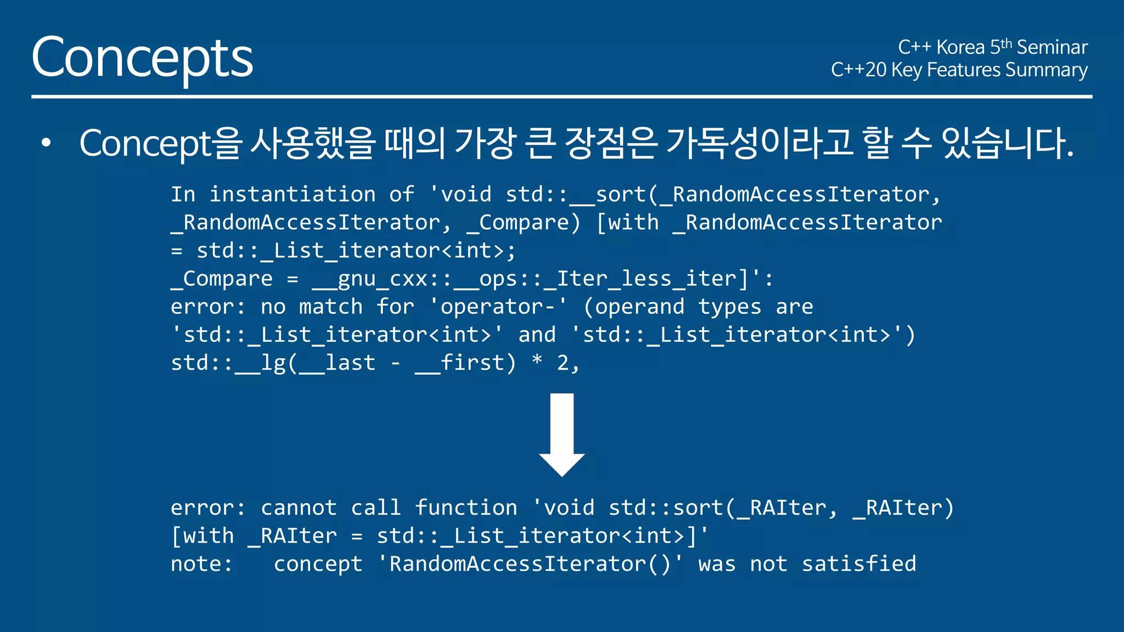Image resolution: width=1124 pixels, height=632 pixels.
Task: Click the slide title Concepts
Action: click(142, 58)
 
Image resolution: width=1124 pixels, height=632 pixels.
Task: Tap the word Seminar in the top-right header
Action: click(1052, 48)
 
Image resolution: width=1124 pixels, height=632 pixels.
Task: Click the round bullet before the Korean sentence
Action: click(46, 143)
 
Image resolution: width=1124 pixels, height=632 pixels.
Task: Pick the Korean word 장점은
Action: click(610, 143)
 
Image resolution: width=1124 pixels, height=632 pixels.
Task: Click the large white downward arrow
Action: click(561, 433)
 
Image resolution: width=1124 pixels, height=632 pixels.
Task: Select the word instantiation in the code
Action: click(293, 194)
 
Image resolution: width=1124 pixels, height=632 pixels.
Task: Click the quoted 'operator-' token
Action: click(498, 307)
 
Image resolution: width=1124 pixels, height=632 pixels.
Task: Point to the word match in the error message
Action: click(330, 307)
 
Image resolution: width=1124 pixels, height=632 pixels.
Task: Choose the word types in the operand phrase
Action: click(729, 307)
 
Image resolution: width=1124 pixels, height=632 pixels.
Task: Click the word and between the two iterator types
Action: click(537, 335)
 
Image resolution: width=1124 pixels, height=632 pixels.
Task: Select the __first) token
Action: click(465, 363)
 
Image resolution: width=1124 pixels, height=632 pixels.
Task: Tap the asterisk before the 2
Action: click(537, 360)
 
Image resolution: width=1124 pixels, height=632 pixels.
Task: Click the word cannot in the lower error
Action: click(299, 508)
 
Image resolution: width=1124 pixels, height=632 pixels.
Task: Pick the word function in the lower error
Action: click(465, 508)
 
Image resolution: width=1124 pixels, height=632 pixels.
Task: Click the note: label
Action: click(201, 564)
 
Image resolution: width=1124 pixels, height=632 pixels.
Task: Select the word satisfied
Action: click(859, 564)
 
